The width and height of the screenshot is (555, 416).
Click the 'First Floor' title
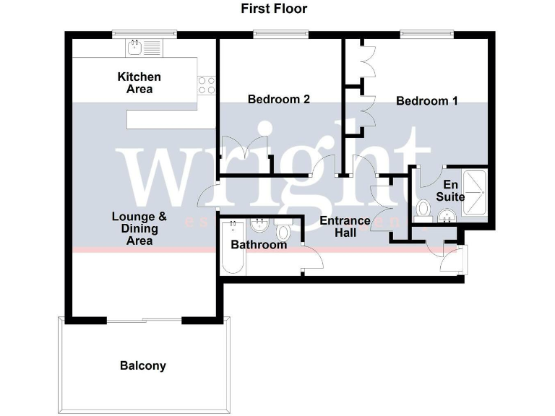click(x=274, y=9)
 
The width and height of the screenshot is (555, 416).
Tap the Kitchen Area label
click(x=139, y=83)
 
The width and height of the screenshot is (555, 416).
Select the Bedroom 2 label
click(x=279, y=100)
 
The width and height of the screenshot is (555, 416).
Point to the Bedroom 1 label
click(x=427, y=101)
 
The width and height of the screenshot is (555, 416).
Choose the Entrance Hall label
click(x=345, y=226)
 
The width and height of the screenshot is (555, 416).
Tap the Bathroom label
click(x=259, y=245)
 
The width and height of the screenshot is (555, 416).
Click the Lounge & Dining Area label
click(x=139, y=228)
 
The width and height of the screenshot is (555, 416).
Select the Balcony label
click(x=142, y=365)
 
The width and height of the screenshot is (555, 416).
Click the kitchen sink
click(x=134, y=47)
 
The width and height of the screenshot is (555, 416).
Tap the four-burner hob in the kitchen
click(x=207, y=85)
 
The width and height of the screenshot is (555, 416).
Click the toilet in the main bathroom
click(x=283, y=231)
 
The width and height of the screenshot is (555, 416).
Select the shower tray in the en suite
click(x=474, y=193)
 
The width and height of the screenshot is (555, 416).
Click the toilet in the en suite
click(x=423, y=210)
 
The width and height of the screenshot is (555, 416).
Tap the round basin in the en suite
click(x=447, y=214)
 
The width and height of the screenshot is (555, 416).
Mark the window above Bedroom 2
click(x=281, y=33)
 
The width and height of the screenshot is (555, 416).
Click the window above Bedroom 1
click(x=427, y=33)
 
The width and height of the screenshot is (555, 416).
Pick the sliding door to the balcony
click(x=144, y=320)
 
